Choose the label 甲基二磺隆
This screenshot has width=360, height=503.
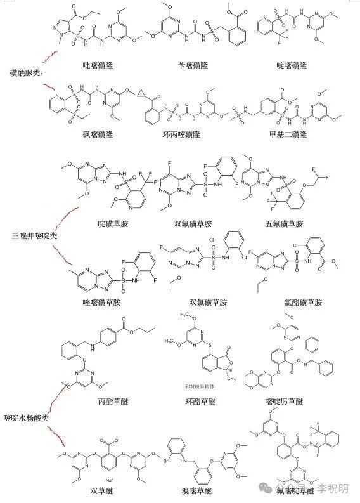click(292, 135)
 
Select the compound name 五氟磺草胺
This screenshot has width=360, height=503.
click(285, 224)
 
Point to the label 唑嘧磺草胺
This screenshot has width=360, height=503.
click(101, 303)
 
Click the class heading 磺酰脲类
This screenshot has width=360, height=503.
click(25, 72)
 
